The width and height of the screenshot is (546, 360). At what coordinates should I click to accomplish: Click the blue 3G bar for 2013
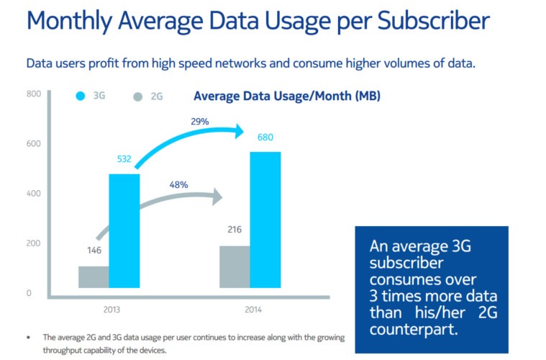coord(124,230)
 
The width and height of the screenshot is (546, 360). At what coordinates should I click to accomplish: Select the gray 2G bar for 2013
coord(94,276)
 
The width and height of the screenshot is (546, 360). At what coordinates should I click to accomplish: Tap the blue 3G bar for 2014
coord(265,219)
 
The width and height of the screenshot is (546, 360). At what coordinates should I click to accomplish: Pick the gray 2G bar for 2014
coord(235,266)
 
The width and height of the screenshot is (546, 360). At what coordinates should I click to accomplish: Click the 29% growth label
coord(199,122)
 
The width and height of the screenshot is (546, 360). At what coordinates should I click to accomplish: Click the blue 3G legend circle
coord(81,96)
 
